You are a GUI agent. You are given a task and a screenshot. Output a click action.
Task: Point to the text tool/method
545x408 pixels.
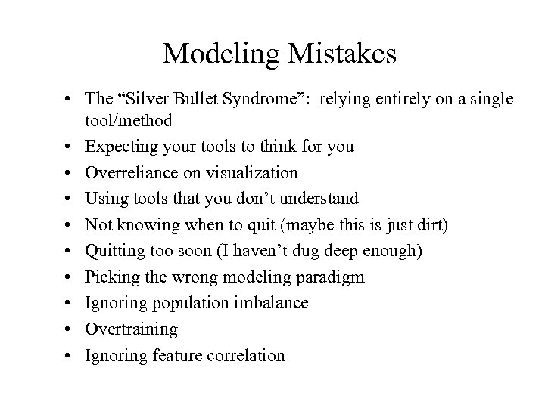(x=129, y=120)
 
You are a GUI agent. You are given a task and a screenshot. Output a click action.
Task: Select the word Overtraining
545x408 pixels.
(x=132, y=329)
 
